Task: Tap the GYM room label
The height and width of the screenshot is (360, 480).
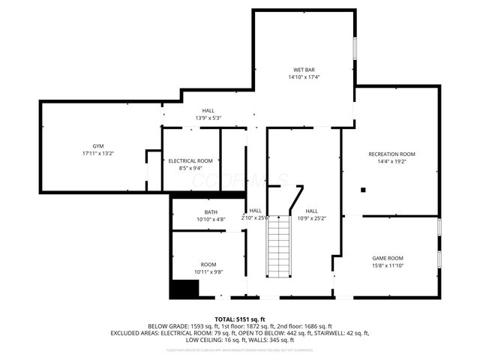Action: click(97, 145)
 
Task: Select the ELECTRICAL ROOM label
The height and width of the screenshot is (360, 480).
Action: click(190, 161)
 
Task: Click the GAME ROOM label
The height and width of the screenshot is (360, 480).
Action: click(388, 258)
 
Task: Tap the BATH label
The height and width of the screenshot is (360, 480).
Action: click(211, 212)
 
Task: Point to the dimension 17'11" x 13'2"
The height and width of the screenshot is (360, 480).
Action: click(97, 153)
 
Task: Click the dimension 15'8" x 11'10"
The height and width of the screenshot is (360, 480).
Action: click(388, 265)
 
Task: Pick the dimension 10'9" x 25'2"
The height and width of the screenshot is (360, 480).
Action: click(311, 219)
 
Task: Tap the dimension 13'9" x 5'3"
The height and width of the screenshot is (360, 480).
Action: click(208, 118)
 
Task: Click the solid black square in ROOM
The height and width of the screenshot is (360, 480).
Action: click(184, 289)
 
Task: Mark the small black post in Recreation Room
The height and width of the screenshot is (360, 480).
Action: click(364, 189)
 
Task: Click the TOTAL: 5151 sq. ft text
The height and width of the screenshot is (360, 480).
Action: click(240, 319)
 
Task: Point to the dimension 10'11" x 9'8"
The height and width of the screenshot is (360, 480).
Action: click(208, 271)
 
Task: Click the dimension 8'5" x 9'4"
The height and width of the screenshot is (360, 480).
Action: click(190, 169)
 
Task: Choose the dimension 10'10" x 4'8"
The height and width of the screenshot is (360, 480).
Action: click(211, 220)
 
